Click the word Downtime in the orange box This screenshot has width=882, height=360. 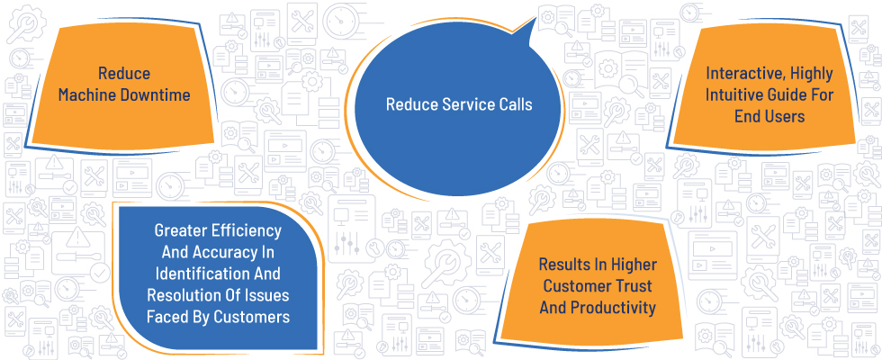[x=155, y=95]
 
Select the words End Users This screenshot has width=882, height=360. [x=769, y=116]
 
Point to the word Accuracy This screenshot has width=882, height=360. [x=233, y=252]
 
